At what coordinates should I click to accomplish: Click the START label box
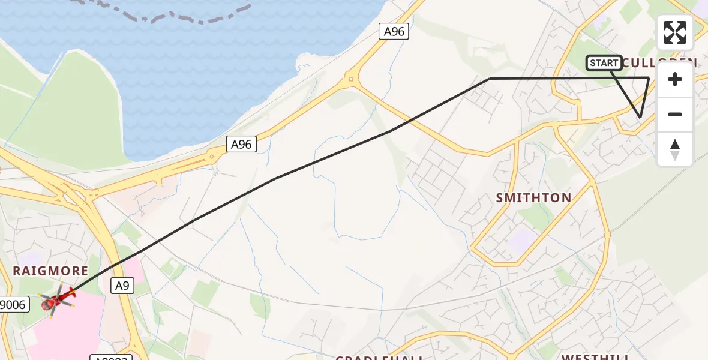pos(604,63)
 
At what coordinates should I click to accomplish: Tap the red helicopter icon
pos(55,298)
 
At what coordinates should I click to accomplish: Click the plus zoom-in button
pos(675,80)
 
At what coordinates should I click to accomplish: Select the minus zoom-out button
pos(675,114)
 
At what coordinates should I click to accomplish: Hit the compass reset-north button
pos(675,149)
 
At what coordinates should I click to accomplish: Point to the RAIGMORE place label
pos(50,271)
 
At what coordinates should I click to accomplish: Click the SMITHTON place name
pos(533,198)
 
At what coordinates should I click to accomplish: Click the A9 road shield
pos(122,287)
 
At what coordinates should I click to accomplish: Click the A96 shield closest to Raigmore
pos(242,144)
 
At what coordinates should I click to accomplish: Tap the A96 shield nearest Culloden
pos(394,32)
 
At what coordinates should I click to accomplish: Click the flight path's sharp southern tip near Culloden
pos(640,117)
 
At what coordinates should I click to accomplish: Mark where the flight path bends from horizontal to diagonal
pos(490,79)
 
